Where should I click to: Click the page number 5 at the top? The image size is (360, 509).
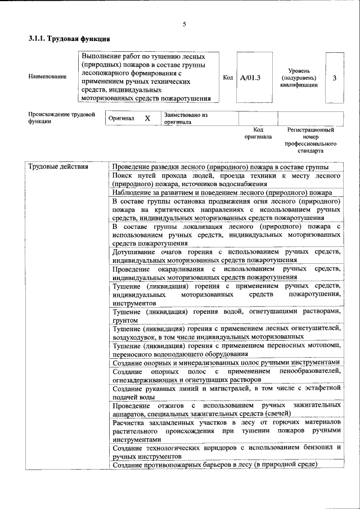click(x=184, y=24)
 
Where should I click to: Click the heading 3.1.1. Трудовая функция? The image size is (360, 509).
click(x=69, y=39)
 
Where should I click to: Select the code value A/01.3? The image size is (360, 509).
click(x=250, y=78)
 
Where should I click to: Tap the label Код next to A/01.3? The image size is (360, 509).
click(x=228, y=78)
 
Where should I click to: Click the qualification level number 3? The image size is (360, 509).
click(x=334, y=78)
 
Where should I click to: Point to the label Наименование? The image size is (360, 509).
click(x=47, y=77)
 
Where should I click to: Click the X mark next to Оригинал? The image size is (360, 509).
click(x=147, y=119)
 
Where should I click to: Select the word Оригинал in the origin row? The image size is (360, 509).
click(x=121, y=119)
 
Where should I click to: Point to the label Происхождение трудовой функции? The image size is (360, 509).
click(x=56, y=119)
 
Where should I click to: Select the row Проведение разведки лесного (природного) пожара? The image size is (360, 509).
click(x=220, y=167)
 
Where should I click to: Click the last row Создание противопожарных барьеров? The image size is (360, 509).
click(x=215, y=465)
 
